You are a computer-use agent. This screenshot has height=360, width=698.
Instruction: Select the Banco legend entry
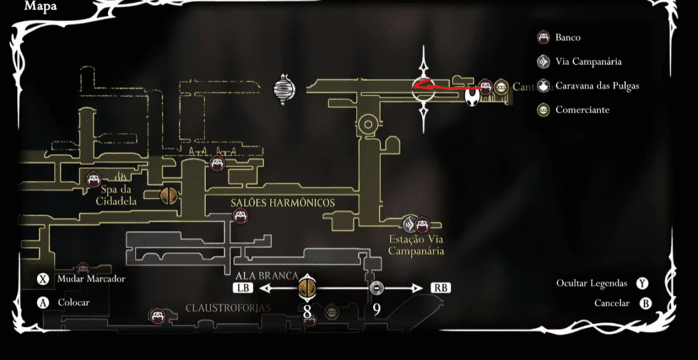click(x=568, y=37)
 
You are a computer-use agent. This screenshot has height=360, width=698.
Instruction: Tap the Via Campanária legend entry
click(x=588, y=62)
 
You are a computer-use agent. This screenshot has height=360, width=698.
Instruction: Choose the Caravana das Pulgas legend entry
click(x=597, y=86)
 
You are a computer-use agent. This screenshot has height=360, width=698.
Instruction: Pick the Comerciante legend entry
click(x=582, y=110)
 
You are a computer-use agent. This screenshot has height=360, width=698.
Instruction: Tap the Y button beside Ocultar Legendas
click(x=641, y=283)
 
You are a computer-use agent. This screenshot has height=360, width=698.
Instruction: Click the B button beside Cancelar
click(x=645, y=303)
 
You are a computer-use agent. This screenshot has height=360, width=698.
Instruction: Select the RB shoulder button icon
click(x=440, y=288)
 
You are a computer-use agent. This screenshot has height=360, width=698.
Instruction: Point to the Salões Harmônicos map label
click(x=282, y=202)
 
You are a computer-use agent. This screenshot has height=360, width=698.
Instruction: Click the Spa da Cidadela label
click(x=115, y=196)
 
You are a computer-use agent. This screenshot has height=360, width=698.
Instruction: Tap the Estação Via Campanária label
click(x=416, y=245)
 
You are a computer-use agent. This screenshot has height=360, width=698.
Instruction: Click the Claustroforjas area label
click(x=228, y=308)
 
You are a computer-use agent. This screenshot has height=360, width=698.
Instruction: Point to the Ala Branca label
click(x=266, y=276)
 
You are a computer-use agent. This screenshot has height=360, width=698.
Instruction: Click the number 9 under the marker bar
click(x=376, y=310)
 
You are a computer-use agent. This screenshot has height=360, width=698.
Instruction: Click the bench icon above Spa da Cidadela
click(x=94, y=180)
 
